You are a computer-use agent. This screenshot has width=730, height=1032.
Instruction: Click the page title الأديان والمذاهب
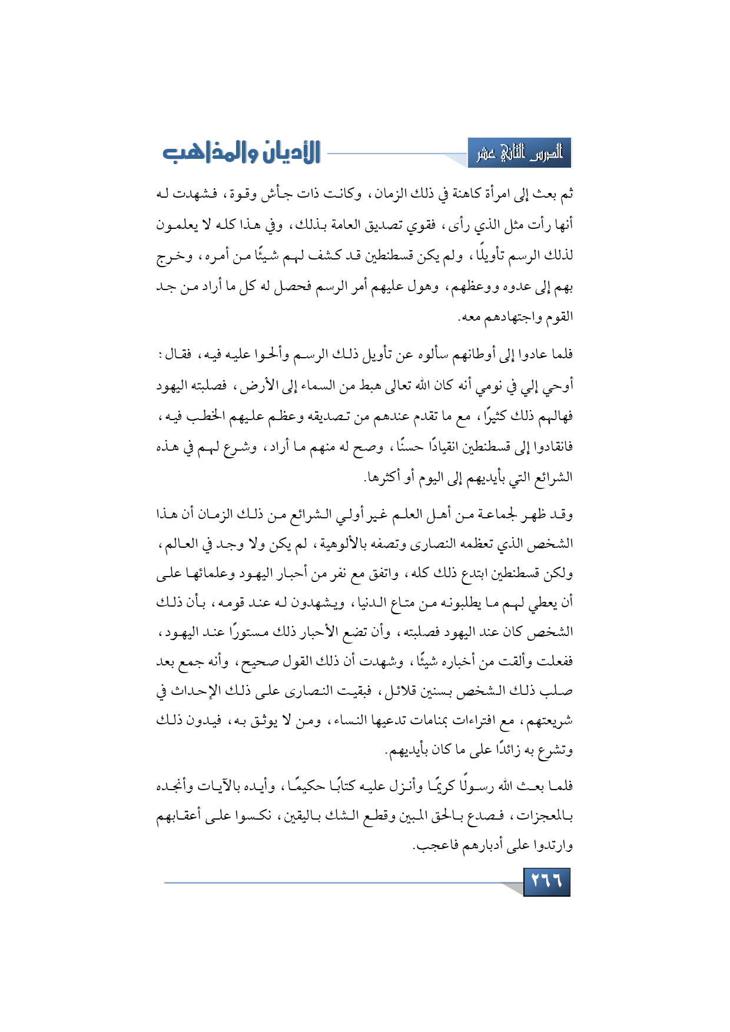point(241,152)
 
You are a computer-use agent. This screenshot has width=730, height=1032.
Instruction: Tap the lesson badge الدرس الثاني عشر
point(519,154)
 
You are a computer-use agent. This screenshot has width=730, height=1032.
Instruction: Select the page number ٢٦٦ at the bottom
point(546,881)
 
